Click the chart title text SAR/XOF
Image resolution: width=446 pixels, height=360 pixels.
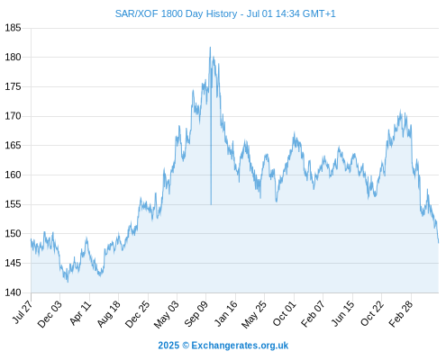click(x=137, y=13)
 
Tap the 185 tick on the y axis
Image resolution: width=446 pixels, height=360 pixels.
click(x=13, y=28)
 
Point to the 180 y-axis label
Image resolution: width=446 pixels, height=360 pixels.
click(x=13, y=57)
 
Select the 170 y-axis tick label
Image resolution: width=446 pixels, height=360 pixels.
click(x=13, y=116)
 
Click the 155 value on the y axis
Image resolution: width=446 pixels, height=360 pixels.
click(x=13, y=204)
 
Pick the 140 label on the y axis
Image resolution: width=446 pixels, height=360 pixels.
click(x=13, y=292)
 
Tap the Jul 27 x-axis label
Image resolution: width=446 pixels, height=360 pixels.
click(x=23, y=312)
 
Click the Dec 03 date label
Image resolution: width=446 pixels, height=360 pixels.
click(x=50, y=314)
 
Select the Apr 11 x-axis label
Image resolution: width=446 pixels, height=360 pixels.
click(x=80, y=313)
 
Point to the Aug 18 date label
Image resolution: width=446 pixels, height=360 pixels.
click(x=109, y=314)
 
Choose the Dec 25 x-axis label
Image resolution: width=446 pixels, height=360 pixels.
click(x=138, y=314)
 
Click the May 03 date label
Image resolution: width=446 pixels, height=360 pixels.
click(x=166, y=314)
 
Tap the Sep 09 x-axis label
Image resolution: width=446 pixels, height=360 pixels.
click(x=196, y=314)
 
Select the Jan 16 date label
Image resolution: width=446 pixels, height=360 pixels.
click(x=225, y=313)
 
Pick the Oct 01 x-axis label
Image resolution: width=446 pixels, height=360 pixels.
click(x=284, y=313)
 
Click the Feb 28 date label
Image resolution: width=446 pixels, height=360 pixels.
click(x=401, y=314)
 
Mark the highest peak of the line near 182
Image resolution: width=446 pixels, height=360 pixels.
click(x=210, y=47)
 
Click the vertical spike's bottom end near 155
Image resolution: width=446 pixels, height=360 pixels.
click(x=211, y=204)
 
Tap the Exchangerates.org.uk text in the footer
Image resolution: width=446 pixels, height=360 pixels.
click(x=240, y=346)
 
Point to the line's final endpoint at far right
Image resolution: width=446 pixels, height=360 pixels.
click(x=439, y=243)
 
